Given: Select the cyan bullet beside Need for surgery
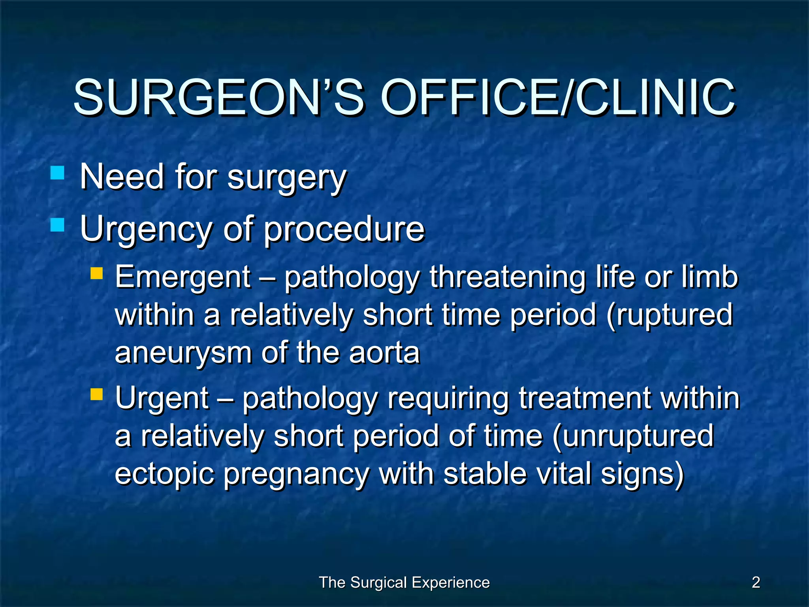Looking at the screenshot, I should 58,173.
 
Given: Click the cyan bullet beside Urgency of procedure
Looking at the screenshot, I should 58,225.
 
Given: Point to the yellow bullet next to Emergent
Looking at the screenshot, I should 96,273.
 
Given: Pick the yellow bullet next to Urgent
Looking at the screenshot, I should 96,394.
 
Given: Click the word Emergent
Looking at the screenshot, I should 182,277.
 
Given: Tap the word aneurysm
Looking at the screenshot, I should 183,353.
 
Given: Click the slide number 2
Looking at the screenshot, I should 756,582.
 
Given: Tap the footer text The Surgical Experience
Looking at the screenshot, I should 404,582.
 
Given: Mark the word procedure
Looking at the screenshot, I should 344,229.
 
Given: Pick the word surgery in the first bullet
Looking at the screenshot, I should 287,177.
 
